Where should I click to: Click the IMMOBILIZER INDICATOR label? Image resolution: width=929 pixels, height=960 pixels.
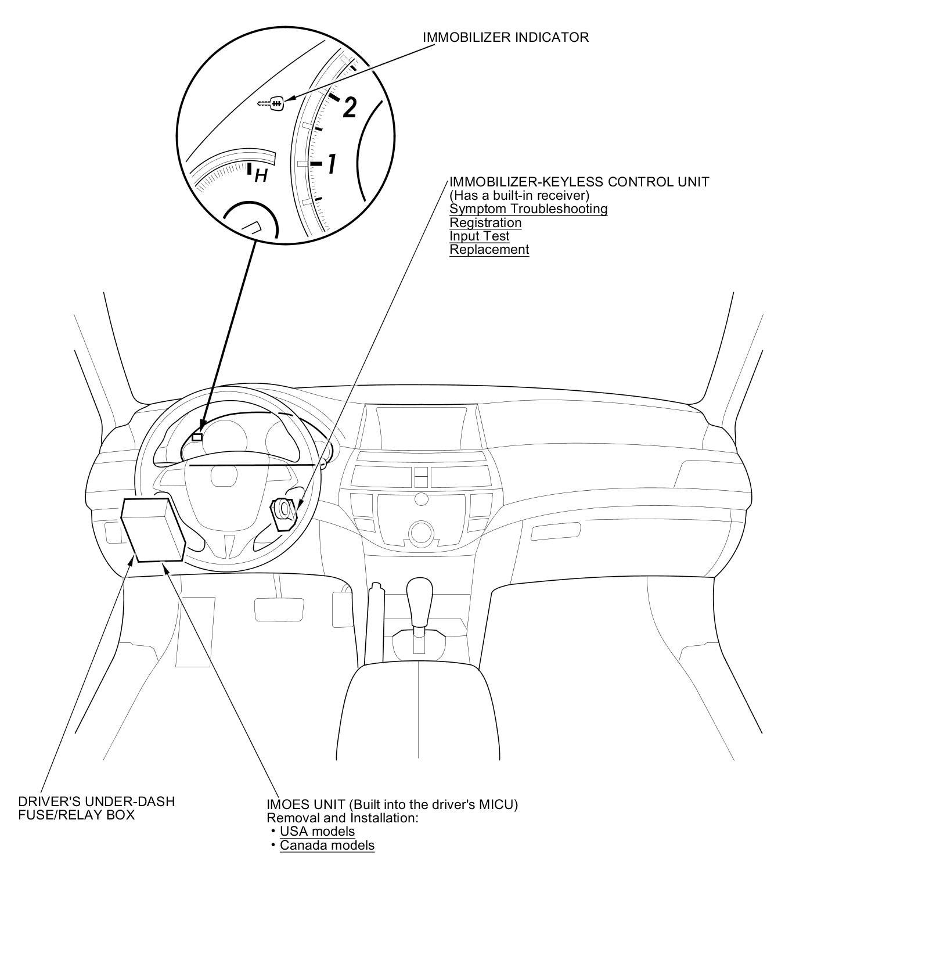tap(505, 37)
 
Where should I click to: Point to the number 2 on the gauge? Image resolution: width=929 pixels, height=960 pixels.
tap(349, 107)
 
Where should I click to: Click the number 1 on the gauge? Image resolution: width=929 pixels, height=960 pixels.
tap(332, 164)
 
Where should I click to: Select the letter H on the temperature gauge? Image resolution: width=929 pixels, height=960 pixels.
tap(261, 175)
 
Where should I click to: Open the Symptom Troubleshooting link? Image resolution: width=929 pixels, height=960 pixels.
tap(528, 208)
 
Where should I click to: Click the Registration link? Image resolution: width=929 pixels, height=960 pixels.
tap(485, 222)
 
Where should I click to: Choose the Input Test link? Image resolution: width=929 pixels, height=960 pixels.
tap(479, 236)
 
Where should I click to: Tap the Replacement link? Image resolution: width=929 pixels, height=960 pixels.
tap(489, 249)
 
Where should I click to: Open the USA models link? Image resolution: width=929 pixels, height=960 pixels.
tap(317, 830)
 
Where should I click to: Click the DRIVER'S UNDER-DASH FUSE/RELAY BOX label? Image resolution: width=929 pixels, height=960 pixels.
tap(96, 808)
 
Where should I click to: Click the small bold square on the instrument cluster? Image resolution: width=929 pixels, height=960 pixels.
tap(197, 437)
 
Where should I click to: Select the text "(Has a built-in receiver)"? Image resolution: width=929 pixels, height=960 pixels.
tap(519, 195)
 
